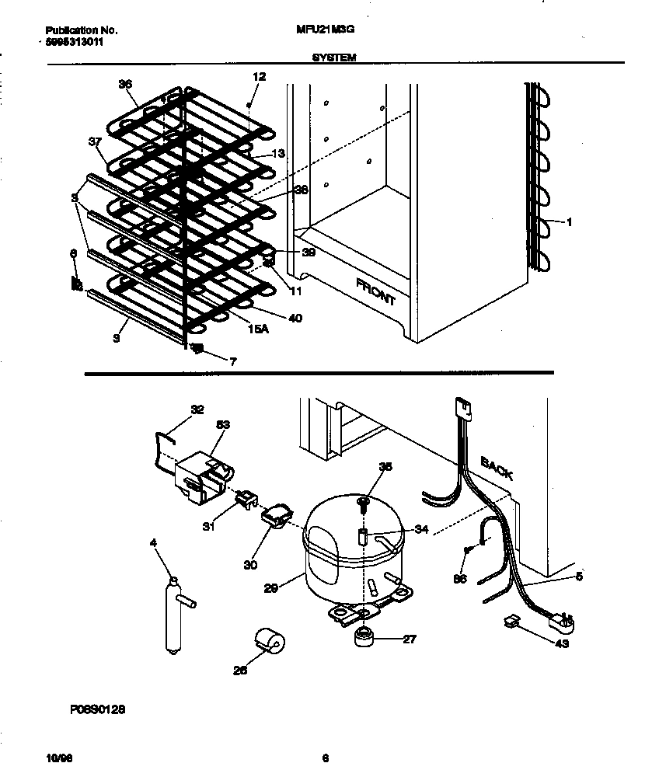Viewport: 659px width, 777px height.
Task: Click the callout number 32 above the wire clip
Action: pos(197,409)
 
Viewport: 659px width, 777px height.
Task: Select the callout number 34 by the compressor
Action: pos(421,529)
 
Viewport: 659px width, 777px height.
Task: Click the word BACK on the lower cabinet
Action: pos(497,469)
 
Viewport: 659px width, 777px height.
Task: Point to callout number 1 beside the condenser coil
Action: pos(570,222)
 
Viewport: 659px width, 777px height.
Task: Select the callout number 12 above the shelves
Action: pos(259,77)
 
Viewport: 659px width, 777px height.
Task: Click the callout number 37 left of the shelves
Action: pos(95,141)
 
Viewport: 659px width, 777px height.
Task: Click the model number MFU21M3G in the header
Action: pos(319,30)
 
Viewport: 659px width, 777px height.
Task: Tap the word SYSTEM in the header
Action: pos(334,57)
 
